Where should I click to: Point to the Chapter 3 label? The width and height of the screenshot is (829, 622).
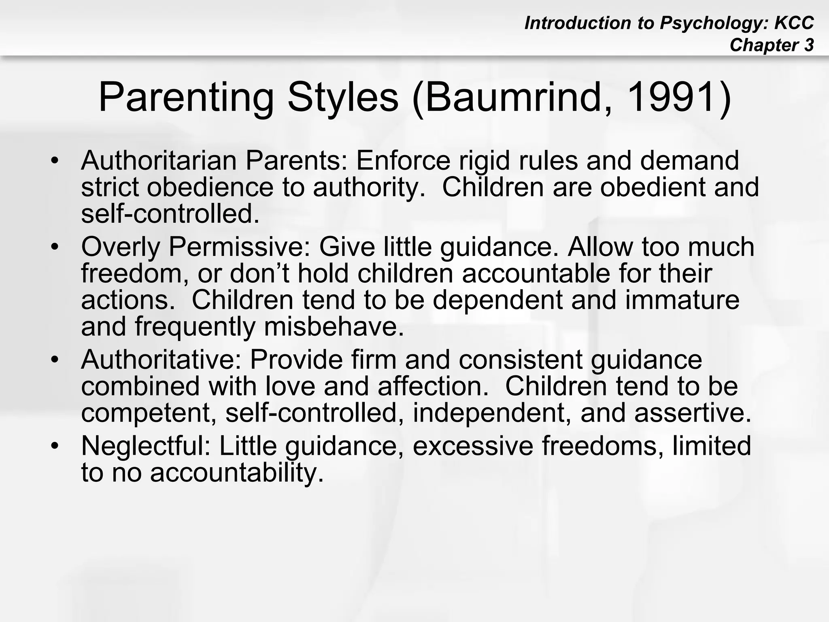(772, 45)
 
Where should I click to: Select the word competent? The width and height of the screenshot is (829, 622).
(148, 413)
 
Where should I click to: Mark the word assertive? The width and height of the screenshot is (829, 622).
(693, 413)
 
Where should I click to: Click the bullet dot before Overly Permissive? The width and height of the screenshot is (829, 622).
(55, 247)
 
